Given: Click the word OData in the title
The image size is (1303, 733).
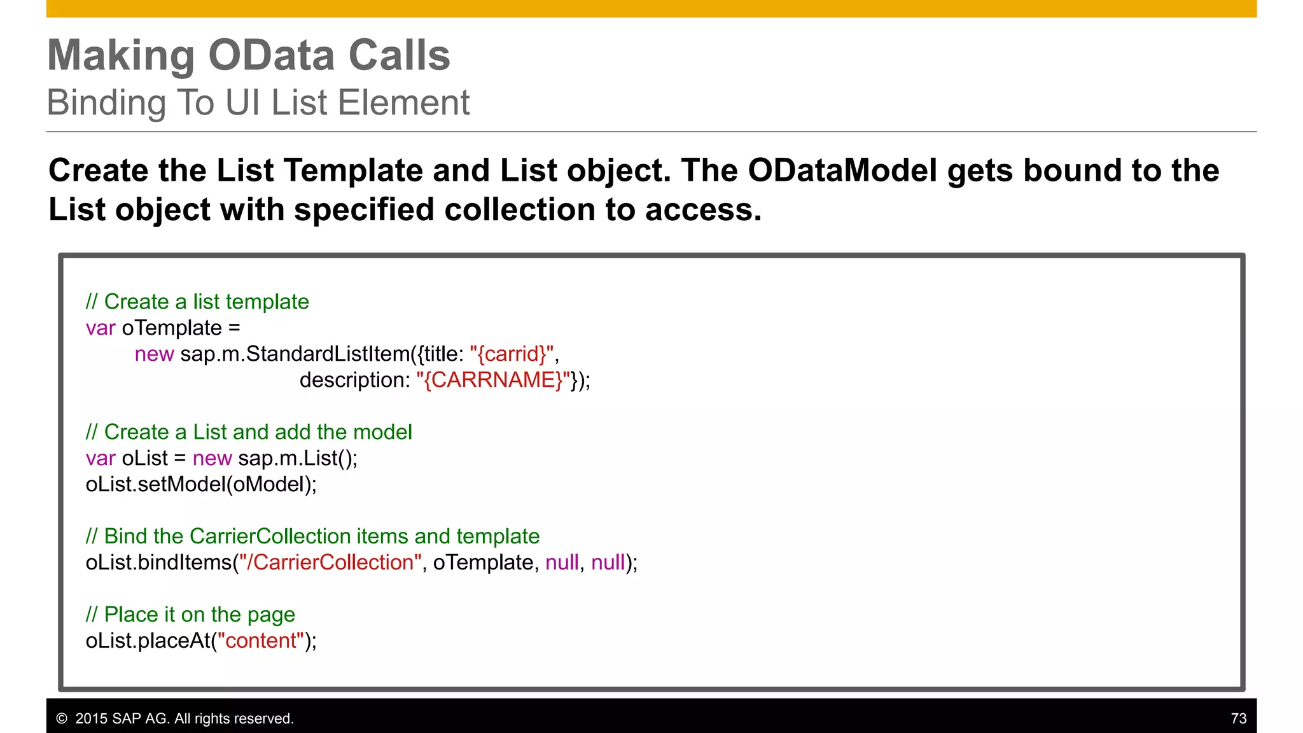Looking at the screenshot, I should [x=272, y=56].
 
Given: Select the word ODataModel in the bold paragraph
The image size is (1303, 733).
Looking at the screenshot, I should [x=842, y=171].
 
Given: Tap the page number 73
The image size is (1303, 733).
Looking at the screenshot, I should [x=1238, y=718].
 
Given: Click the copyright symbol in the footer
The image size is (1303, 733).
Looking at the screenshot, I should [x=62, y=718].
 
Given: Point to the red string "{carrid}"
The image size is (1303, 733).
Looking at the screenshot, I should [x=512, y=354].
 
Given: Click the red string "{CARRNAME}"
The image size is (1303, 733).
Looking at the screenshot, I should [x=493, y=380].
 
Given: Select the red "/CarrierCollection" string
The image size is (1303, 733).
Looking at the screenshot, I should [x=330, y=562].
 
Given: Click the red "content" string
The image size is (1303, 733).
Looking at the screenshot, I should [x=261, y=641].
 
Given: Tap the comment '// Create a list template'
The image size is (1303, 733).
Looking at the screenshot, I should [x=197, y=302].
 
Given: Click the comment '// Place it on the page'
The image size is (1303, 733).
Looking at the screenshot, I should [x=190, y=615].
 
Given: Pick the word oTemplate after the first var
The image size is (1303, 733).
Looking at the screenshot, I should [x=172, y=328].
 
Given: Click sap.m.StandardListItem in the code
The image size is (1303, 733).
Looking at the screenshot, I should [x=296, y=354].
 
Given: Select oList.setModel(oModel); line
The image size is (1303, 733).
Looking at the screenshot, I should [x=201, y=484].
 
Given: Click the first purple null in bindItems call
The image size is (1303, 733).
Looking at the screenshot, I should [x=562, y=562].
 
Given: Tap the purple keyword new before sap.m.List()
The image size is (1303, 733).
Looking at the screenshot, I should [x=212, y=458].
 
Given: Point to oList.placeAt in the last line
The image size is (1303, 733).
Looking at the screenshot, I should [x=148, y=641].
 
